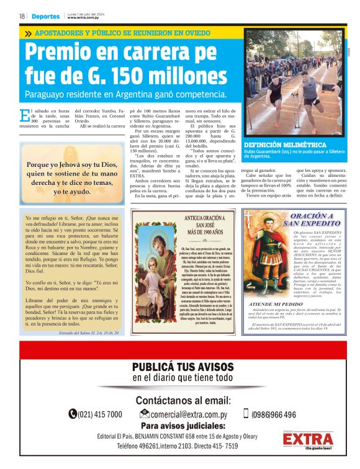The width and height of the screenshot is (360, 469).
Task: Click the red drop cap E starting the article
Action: point(24,115)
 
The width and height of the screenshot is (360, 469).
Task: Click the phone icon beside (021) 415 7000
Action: point(73,414)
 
